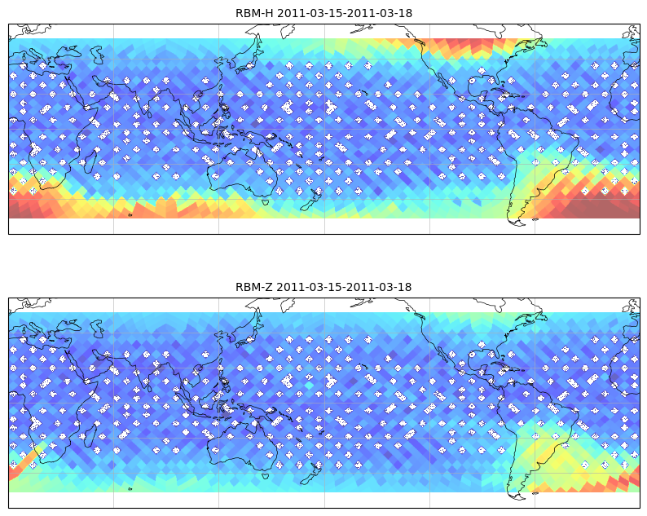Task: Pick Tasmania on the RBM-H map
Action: coord(266,201)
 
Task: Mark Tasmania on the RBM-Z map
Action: coord(266,475)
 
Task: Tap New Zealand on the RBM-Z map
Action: coord(311,473)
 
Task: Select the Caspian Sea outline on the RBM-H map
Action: coord(97,55)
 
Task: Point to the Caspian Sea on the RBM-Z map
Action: coord(97,329)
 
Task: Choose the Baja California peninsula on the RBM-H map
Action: coord(444,81)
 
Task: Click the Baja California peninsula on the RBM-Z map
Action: coord(444,355)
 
